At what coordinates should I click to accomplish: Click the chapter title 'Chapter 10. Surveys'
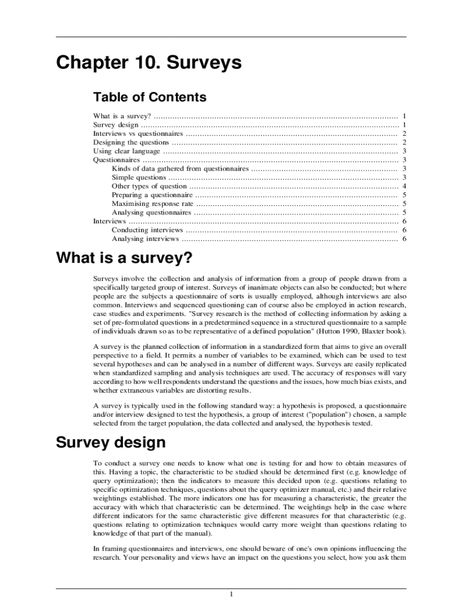[x=149, y=63]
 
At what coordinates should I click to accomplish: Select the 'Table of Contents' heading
[x=149, y=97]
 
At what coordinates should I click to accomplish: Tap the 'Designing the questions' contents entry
[x=131, y=142]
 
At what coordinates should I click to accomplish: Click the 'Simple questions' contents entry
[x=139, y=178]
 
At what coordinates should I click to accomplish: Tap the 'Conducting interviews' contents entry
[x=147, y=230]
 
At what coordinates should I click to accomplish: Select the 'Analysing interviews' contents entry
[x=145, y=239]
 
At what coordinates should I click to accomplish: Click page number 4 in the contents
[x=405, y=186]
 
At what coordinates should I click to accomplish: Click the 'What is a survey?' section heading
[x=124, y=259]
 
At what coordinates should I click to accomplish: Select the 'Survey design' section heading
[x=110, y=443]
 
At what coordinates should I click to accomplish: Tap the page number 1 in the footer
[x=231, y=595]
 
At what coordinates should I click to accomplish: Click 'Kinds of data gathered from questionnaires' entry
[x=180, y=169]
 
